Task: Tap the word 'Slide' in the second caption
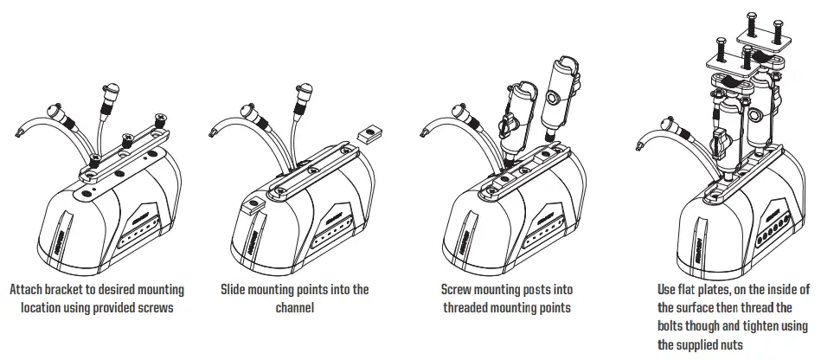pos(238,290)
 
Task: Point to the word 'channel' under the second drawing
pos(298,307)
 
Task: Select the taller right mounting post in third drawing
pos(558,100)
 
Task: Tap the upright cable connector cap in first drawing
pos(111,90)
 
